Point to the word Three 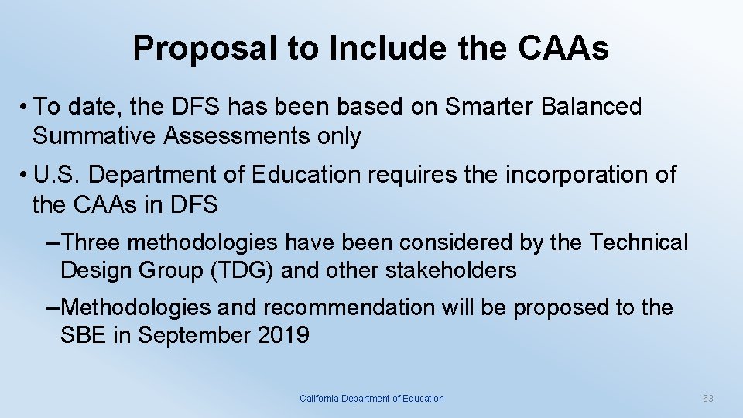click(90, 242)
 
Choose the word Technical click(639, 242)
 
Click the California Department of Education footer click(371, 398)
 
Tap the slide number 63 click(707, 398)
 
